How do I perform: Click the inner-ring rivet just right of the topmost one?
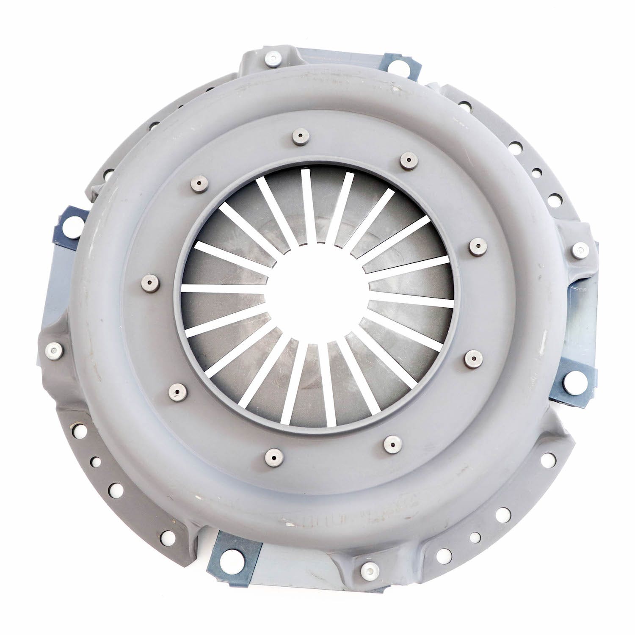tap(407, 160)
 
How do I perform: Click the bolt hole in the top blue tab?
tap(395, 66)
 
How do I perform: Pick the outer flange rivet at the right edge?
tap(578, 251)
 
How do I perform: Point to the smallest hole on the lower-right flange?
tap(475, 537)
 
